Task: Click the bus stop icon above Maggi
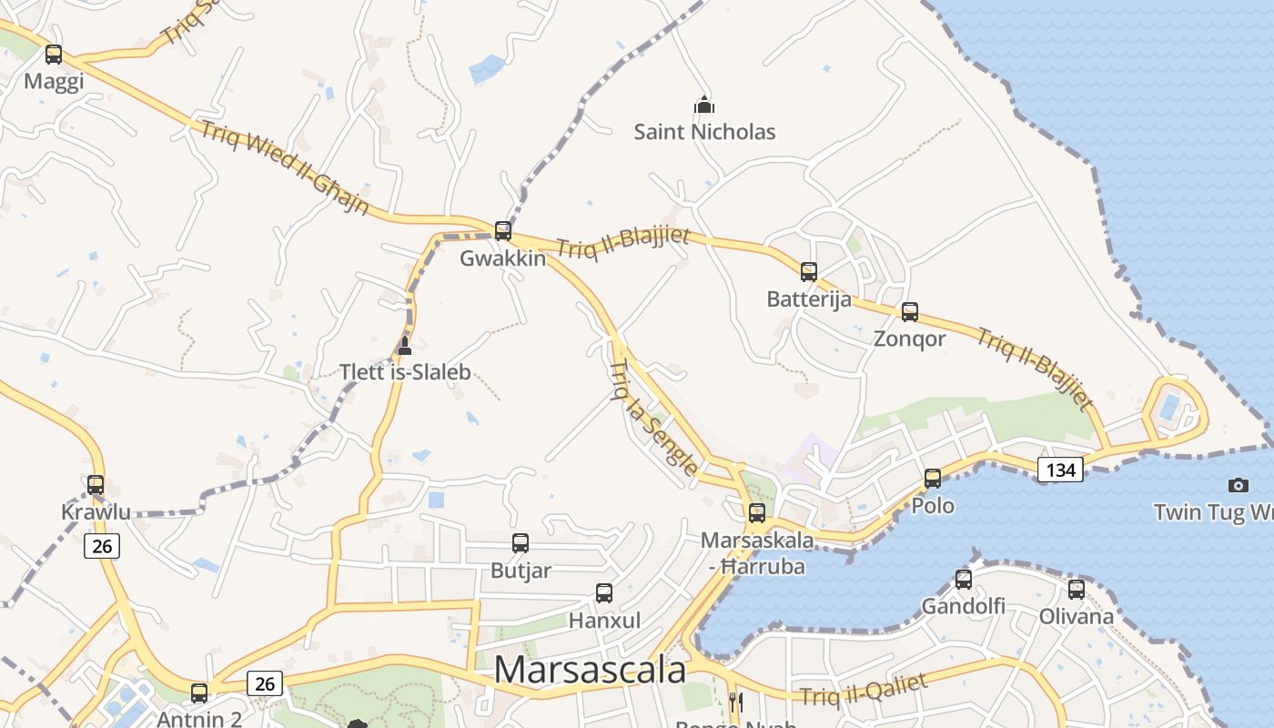54,55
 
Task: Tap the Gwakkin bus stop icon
503,231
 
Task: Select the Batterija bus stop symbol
809,271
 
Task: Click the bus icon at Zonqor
910,312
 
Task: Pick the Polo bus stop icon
933,479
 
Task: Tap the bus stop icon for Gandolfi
964,579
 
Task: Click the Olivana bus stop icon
1077,590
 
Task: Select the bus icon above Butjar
521,543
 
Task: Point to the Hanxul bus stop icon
604,593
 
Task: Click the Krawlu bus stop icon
96,485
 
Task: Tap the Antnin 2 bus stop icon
199,693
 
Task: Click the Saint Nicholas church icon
704,105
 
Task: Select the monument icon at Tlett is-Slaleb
405,345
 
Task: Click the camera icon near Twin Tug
1238,485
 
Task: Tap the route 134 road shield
1060,470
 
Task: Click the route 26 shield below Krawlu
102,546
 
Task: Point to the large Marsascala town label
590,670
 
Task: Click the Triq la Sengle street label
652,417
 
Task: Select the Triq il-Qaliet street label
864,689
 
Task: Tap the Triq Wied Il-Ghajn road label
284,167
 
